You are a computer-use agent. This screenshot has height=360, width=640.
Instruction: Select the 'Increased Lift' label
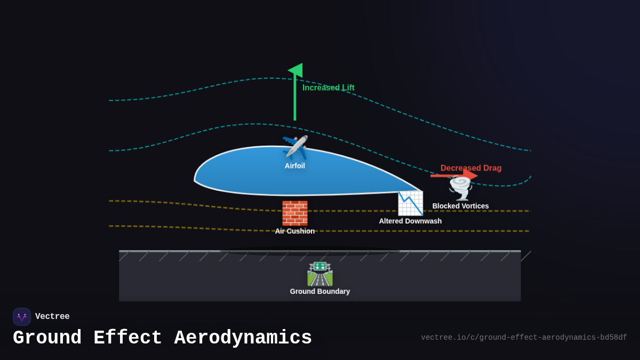point(328,87)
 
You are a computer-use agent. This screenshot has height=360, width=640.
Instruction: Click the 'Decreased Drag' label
point(471,168)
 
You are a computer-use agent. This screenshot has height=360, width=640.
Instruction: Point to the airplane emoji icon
point(295,147)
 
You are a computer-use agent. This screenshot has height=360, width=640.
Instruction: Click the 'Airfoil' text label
point(295,166)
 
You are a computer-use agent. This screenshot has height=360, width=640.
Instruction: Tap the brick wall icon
point(295,213)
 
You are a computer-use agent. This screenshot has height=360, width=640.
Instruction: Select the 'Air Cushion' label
point(295,231)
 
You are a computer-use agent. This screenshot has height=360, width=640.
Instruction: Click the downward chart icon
point(410,203)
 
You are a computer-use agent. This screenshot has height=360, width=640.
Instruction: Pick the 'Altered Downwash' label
point(410,221)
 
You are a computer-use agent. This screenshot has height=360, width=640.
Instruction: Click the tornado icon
point(460,188)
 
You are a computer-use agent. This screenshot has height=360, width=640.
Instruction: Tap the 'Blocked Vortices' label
point(460,206)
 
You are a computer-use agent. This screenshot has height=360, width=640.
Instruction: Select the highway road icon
point(320,274)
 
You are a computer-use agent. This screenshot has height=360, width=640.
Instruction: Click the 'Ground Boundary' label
point(320,291)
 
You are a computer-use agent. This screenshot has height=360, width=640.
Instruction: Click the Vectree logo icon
point(22,317)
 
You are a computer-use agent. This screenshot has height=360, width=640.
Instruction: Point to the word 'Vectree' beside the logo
point(52,317)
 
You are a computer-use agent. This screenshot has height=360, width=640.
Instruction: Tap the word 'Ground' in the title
point(47,338)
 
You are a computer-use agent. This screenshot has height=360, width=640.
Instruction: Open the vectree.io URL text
point(524,338)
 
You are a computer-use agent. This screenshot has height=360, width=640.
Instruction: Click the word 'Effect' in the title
point(128,338)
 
